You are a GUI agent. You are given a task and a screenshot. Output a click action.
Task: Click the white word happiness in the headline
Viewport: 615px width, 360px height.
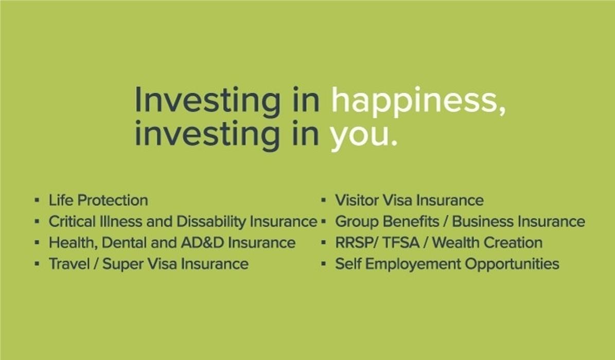[418, 101]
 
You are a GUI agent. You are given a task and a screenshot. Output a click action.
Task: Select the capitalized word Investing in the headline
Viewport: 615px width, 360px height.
[207, 101]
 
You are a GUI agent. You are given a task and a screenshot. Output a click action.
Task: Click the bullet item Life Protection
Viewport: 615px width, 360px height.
[98, 201]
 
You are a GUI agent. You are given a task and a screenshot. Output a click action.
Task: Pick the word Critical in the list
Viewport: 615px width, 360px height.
[72, 222]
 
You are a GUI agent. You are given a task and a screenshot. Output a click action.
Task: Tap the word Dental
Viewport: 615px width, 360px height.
[124, 243]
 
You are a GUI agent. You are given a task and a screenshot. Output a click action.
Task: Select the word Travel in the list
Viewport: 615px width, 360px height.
[69, 264]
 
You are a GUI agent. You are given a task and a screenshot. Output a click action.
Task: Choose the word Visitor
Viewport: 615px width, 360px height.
[357, 201]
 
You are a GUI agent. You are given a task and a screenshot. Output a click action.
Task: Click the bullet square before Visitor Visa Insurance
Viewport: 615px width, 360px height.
[323, 201]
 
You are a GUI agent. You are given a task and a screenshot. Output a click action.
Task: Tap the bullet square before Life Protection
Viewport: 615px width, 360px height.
[37, 201]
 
